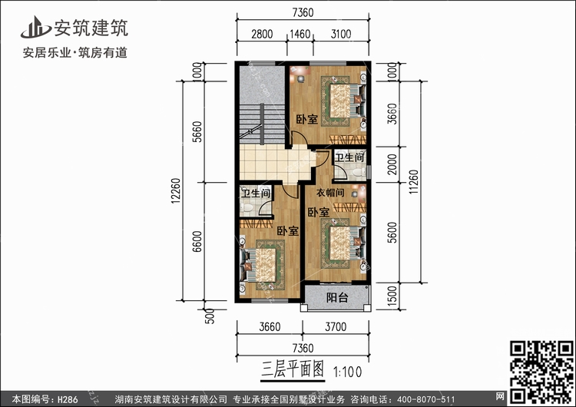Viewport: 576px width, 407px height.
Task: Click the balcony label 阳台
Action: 337,297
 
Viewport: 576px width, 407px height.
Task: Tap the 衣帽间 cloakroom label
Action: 330,192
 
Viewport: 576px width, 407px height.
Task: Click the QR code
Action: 541,372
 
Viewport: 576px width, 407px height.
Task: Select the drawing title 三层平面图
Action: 293,369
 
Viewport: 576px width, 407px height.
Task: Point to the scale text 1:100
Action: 347,372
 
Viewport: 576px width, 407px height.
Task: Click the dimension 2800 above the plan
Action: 262,34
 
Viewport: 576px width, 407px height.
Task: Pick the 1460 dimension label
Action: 300,34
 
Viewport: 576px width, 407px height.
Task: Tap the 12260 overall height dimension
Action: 176,190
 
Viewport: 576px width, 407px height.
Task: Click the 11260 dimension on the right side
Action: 413,182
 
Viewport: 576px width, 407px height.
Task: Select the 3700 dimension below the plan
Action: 336,326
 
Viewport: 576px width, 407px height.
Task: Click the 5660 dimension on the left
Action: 197,131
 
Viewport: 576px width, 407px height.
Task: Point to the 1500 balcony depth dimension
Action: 392,296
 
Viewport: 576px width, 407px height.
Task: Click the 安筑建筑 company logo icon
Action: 35,27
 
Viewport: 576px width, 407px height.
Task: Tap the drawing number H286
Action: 68,399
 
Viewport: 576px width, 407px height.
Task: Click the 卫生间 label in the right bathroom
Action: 349,157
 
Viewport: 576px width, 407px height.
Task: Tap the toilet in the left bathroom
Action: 247,207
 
